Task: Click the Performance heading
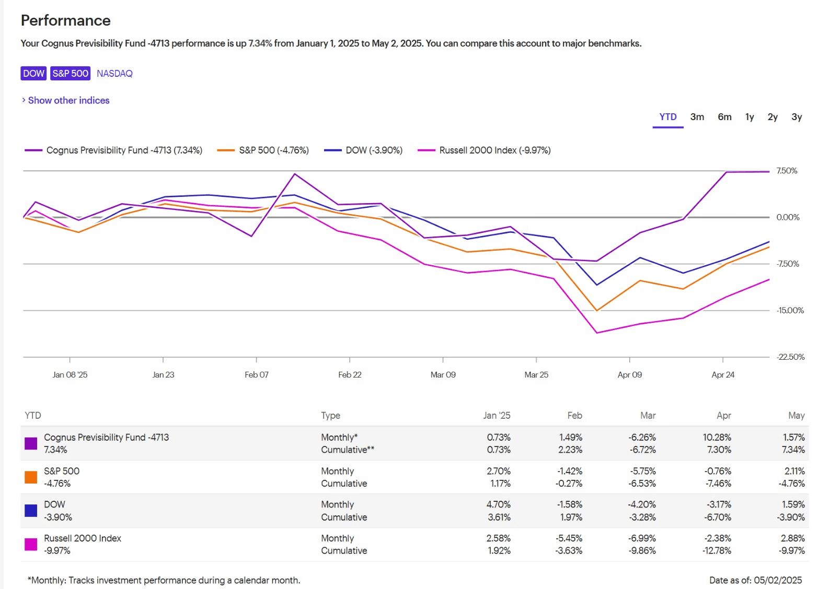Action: point(65,20)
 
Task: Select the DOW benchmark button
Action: point(33,73)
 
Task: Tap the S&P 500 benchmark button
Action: point(70,73)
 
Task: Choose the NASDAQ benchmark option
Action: point(114,73)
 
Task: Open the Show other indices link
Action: point(66,100)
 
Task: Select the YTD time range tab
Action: point(668,117)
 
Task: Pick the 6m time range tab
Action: point(724,117)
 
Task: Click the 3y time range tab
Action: point(797,117)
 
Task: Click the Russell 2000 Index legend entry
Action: point(484,150)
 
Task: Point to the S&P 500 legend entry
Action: point(263,150)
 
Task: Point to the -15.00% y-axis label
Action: point(790,310)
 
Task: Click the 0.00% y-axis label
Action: point(788,217)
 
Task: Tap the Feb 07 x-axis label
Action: point(256,374)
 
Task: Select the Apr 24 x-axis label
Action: point(723,374)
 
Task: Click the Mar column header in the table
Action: point(648,416)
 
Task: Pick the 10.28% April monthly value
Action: point(717,437)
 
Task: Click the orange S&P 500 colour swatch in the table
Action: point(31,477)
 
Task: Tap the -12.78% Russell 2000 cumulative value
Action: point(717,550)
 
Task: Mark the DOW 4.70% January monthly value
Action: point(499,504)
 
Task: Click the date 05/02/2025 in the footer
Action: point(778,580)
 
